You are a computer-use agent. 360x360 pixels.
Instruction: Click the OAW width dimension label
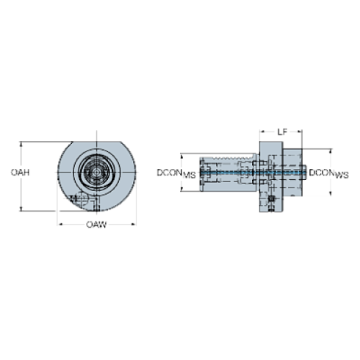click(x=96, y=224)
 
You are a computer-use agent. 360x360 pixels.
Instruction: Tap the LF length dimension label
click(x=280, y=132)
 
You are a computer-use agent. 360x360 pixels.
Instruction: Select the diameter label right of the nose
click(x=328, y=173)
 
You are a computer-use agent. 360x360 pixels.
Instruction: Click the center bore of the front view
click(x=96, y=173)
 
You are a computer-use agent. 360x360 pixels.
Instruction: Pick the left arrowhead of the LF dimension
click(x=259, y=132)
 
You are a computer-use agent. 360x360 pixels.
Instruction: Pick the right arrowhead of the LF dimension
click(x=301, y=132)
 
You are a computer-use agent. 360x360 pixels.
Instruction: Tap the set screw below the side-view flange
click(x=271, y=206)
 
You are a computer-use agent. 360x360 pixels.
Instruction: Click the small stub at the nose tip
click(x=305, y=173)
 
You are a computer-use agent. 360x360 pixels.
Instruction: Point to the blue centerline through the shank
click(x=228, y=173)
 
